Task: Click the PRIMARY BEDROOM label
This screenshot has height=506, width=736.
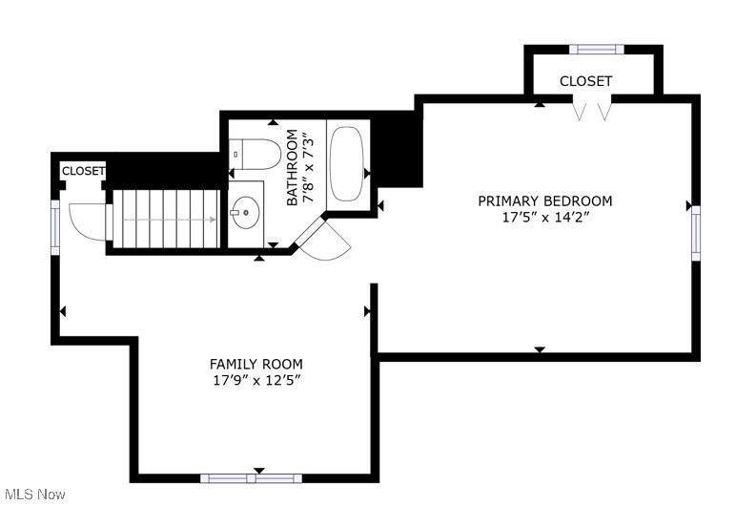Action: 544,200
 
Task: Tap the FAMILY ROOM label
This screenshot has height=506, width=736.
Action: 256,364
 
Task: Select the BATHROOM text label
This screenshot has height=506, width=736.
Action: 293,168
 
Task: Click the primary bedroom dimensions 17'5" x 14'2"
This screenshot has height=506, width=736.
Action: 544,217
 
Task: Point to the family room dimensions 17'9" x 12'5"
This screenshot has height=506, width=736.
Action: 256,380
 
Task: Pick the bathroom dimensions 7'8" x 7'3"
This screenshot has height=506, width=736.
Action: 308,168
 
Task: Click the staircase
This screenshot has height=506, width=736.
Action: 168,219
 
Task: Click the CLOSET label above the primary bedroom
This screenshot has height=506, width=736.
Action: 585,81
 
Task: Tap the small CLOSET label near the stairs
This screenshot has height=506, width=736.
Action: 83,171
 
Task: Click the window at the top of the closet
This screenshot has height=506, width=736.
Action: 597,49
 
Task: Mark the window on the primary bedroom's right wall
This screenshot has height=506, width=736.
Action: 696,233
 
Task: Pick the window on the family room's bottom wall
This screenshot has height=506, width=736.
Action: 251,477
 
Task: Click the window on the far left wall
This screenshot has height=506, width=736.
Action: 55,227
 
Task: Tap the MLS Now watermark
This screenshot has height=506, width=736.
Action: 33,494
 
